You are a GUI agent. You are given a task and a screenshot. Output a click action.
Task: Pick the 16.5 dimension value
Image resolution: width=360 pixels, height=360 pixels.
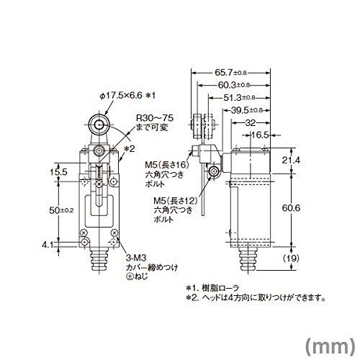click(260, 134)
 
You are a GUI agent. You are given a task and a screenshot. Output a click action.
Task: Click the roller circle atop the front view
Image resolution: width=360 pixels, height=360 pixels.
click(99, 123)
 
